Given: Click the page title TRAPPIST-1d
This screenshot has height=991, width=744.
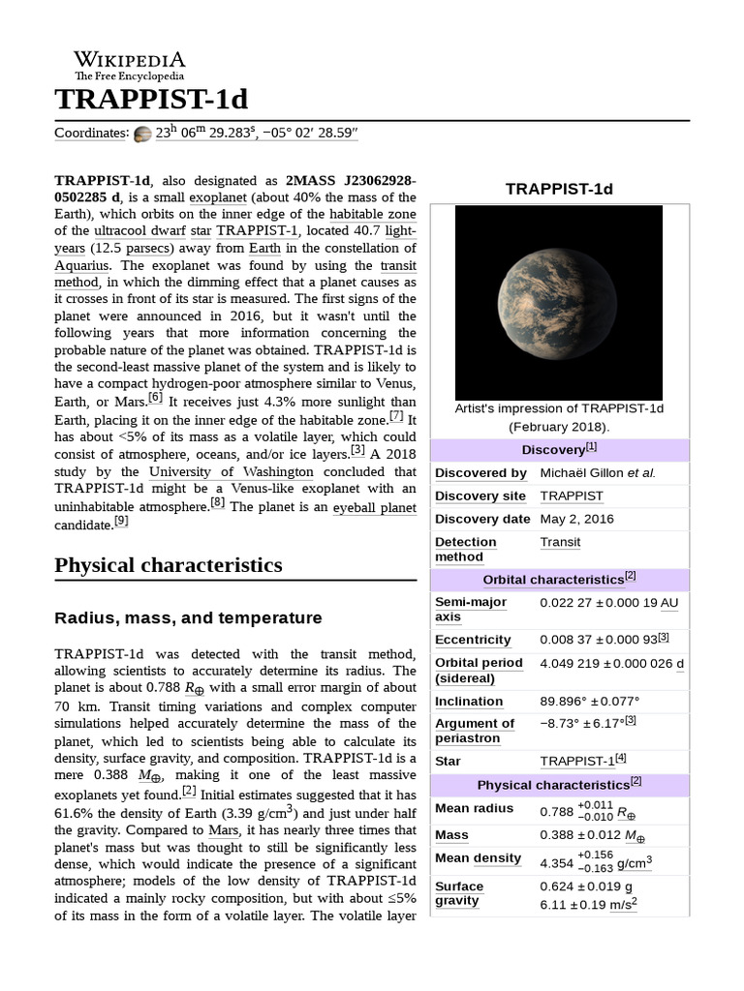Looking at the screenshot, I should (x=151, y=100).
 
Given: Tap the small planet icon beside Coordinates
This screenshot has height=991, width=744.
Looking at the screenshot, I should (x=142, y=134).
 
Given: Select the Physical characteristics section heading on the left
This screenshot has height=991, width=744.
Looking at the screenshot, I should (x=169, y=564).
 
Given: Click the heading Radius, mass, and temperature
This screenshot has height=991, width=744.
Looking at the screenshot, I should (x=188, y=617).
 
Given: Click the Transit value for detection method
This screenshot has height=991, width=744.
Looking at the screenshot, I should (x=560, y=542).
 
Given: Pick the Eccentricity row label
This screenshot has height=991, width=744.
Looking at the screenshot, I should (x=473, y=640).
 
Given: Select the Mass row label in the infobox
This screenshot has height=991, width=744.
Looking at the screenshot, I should (x=451, y=834).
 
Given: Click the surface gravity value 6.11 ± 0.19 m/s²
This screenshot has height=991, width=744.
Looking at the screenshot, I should (x=588, y=904).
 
